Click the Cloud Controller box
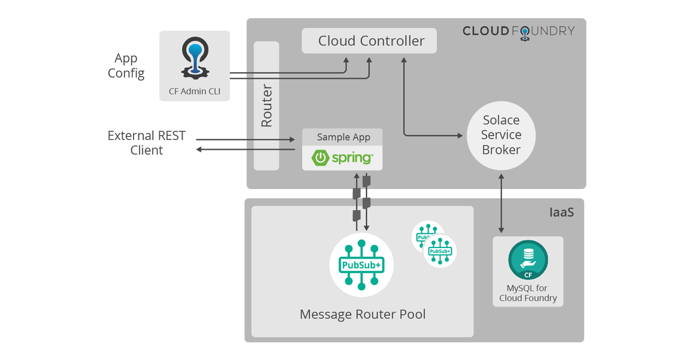coord(369,40)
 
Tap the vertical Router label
coord(266,106)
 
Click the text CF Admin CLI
coord(194,91)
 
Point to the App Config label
coord(126,66)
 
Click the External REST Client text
coord(147,143)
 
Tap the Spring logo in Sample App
coord(342,158)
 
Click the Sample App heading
coord(343,137)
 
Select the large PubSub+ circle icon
coord(362,265)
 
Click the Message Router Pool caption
coord(362,314)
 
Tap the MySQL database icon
coord(528,260)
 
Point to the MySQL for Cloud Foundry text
coord(528,293)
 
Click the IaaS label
coord(561,212)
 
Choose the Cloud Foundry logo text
coord(518,32)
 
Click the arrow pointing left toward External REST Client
coord(245,149)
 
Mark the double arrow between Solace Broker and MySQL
coord(501,203)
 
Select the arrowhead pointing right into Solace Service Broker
coord(460,135)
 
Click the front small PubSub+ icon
coord(440,251)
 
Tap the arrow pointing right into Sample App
coord(245,140)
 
